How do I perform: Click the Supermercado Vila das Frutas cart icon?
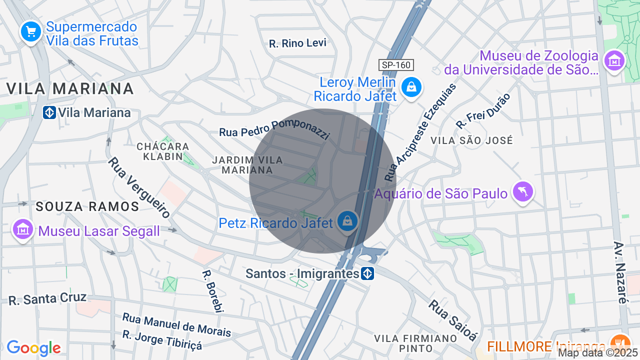(31, 32)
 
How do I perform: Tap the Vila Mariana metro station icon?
(49, 112)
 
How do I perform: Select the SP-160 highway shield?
(396, 65)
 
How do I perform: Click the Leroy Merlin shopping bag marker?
(410, 87)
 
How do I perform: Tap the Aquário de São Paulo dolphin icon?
(522, 191)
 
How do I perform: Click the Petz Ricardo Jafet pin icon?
(346, 220)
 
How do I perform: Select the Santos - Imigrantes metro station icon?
(367, 273)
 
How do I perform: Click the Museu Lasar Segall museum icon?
(23, 229)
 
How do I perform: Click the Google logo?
(33, 348)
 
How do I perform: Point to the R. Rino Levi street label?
(297, 43)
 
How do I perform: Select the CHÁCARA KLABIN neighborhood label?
(163, 151)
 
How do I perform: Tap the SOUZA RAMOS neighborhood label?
(87, 206)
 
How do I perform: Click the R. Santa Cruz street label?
(47, 298)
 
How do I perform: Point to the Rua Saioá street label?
(452, 320)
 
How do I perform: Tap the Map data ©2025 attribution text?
(598, 352)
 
